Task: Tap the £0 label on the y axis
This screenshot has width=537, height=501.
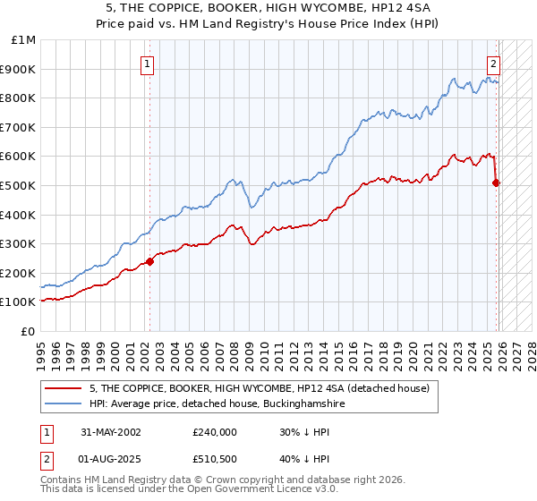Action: [29, 331]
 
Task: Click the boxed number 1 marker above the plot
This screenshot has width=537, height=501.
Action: [147, 64]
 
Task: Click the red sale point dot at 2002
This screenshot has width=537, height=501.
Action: [150, 261]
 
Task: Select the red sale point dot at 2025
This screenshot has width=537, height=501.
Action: [497, 183]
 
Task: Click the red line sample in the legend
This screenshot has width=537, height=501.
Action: [64, 388]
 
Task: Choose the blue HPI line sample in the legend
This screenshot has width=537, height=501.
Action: [64, 404]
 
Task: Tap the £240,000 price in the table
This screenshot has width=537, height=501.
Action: [215, 431]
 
